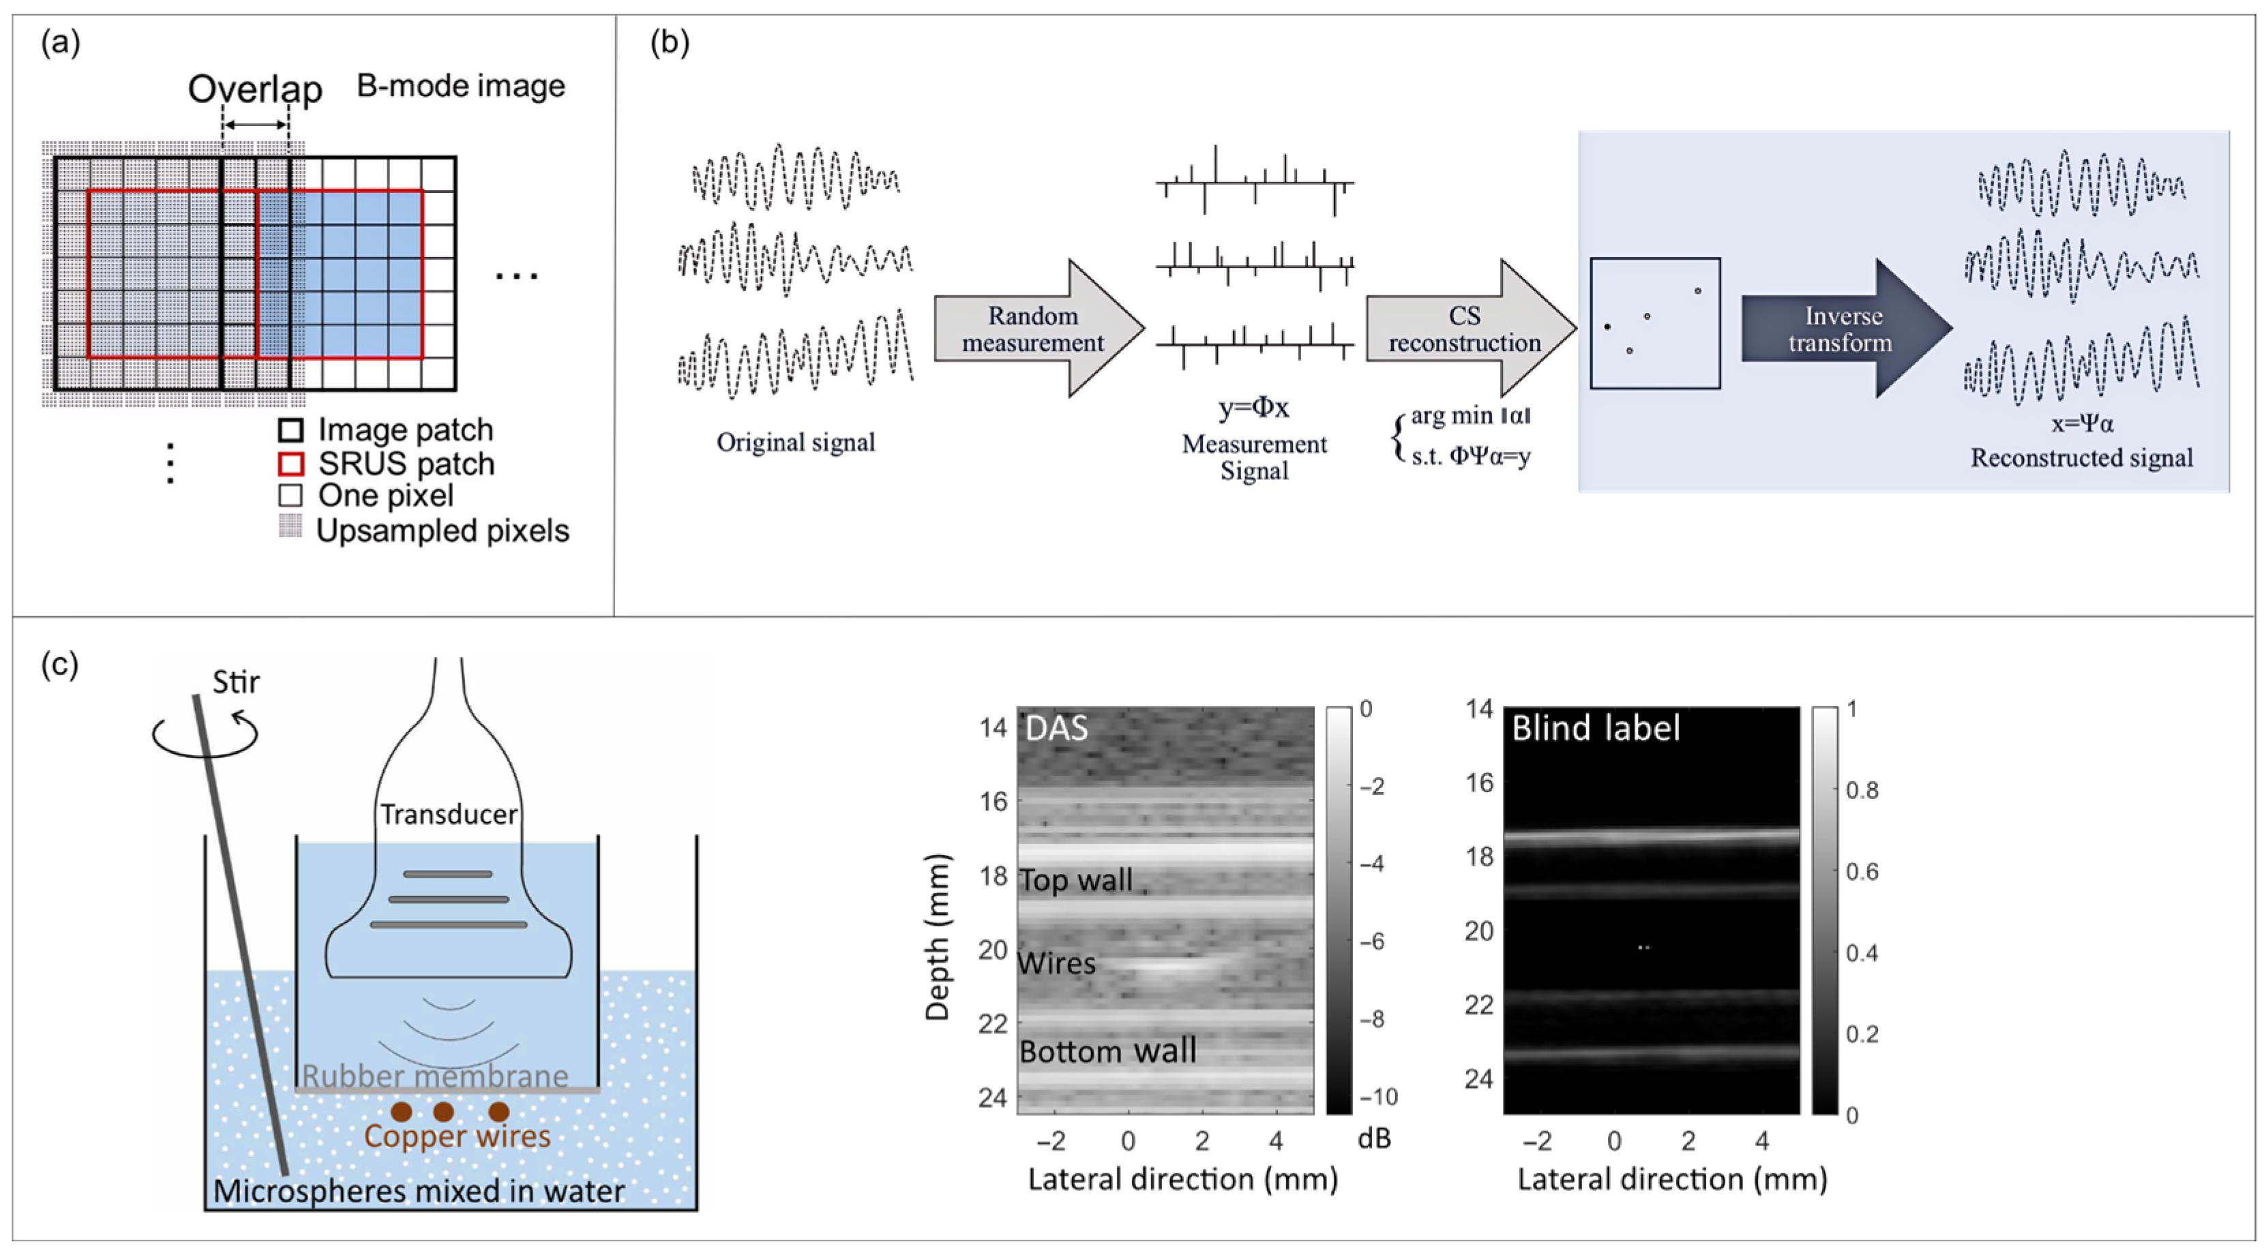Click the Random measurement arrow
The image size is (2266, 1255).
(x=1034, y=329)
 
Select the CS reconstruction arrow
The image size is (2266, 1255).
(x=1465, y=329)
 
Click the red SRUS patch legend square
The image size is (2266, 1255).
(x=291, y=464)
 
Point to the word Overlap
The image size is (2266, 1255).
(x=255, y=89)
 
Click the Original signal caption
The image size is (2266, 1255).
(x=795, y=442)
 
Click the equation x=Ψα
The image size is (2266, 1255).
(x=2081, y=423)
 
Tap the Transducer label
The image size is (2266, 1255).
(x=449, y=815)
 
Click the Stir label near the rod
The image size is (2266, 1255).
(x=236, y=682)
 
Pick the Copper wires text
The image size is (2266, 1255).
(x=458, y=1136)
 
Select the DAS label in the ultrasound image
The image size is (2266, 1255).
(x=1056, y=728)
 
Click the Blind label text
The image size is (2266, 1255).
(x=1596, y=728)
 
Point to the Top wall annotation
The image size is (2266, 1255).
(x=1076, y=880)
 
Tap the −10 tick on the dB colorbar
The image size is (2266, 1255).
(x=1377, y=1097)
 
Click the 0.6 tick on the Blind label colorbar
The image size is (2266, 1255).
(x=1862, y=872)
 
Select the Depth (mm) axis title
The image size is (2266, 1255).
(x=938, y=937)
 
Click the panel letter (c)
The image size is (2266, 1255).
(x=60, y=664)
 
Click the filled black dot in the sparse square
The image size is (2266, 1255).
(x=1607, y=327)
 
